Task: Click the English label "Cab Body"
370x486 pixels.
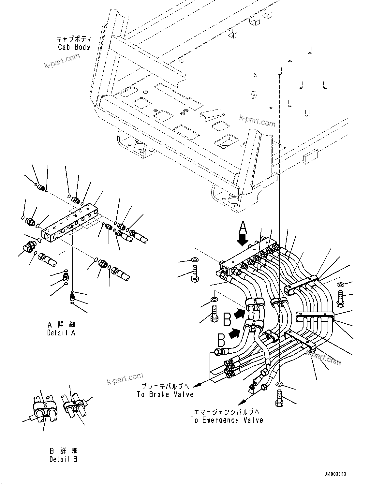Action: tap(74, 47)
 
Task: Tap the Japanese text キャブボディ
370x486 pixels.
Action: tap(73, 39)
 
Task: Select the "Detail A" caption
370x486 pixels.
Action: tap(61, 333)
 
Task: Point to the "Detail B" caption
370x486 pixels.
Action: tap(64, 459)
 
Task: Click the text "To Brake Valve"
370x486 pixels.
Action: tap(165, 394)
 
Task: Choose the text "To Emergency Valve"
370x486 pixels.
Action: tap(227, 420)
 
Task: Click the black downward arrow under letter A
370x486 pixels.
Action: tap(243, 241)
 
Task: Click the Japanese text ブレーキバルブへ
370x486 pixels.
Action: tap(165, 386)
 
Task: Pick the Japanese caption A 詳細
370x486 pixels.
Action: tap(61, 325)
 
